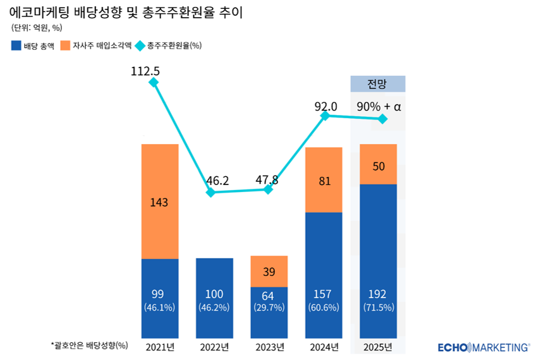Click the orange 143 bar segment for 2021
pyautogui.click(x=159, y=201)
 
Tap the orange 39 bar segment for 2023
pyautogui.click(x=269, y=272)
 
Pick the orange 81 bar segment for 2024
pyautogui.click(x=324, y=180)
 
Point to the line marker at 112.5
pyautogui.click(x=153, y=82)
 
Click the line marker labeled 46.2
pyautogui.click(x=211, y=191)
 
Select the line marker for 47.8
pyautogui.click(x=268, y=189)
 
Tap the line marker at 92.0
pyautogui.click(x=325, y=116)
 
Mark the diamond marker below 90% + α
pyautogui.click(x=382, y=119)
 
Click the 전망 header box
pyautogui.click(x=377, y=84)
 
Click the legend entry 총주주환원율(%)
pyautogui.click(x=167, y=45)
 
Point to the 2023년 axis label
pyautogui.click(x=269, y=347)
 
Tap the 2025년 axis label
pyautogui.click(x=378, y=347)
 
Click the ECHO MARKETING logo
pyautogui.click(x=484, y=347)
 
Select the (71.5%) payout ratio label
pyautogui.click(x=378, y=308)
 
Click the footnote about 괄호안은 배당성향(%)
pyautogui.click(x=88, y=345)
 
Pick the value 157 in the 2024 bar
pyautogui.click(x=324, y=294)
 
